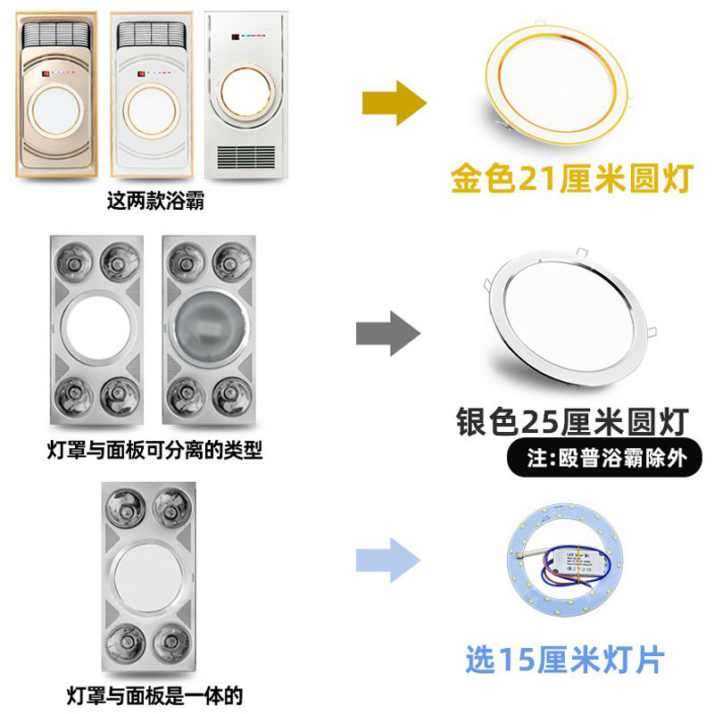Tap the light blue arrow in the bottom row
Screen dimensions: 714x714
(387, 561)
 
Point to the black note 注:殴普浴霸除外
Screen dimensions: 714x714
(607, 459)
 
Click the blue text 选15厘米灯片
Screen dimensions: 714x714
(565, 661)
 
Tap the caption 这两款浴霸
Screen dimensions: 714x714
(155, 202)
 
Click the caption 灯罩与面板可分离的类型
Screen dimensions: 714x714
(154, 449)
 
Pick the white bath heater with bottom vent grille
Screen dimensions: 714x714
(244, 93)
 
